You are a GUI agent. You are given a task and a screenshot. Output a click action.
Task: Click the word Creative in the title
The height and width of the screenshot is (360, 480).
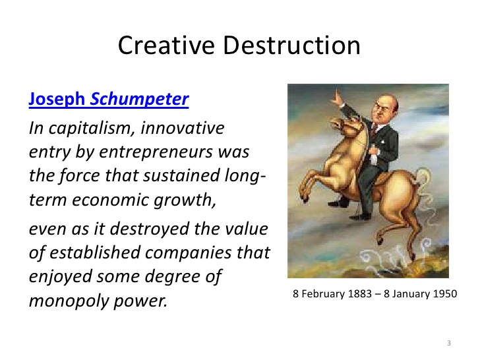166,45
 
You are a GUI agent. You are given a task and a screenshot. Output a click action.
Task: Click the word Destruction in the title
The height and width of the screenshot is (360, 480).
291,45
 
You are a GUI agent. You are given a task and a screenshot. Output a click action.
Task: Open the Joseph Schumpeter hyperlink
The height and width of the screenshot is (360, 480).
109,100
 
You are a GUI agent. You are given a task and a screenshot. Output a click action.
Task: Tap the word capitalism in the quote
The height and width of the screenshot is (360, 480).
92,129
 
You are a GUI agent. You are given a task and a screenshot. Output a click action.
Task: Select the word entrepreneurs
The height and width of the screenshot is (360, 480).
156,152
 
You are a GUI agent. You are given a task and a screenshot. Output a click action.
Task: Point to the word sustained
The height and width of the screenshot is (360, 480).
182,175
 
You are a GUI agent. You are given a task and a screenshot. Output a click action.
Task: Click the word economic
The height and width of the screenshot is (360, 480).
111,200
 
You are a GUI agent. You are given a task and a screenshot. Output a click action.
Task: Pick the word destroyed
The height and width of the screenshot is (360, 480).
149,229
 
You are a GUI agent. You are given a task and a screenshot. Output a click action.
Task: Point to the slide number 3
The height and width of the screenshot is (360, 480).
449,343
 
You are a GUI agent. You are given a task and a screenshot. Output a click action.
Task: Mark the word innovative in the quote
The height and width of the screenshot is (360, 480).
183,128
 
